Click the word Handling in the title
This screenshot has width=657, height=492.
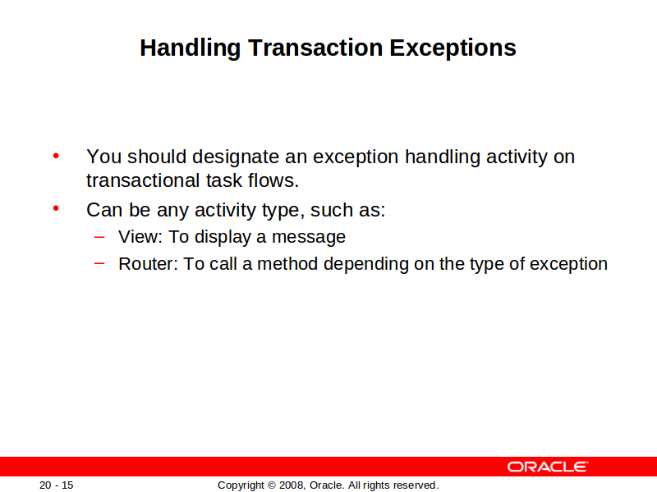[x=191, y=48]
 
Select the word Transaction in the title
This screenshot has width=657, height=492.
[x=315, y=48]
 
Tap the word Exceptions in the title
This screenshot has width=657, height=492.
[x=453, y=48]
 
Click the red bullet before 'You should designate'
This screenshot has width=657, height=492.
[x=56, y=157]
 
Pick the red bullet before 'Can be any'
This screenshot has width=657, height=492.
[x=56, y=208]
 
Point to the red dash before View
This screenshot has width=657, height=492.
[x=99, y=237]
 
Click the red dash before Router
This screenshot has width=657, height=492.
[x=99, y=263]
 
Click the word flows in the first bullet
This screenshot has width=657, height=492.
[x=273, y=180]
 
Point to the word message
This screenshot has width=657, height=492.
[x=309, y=237]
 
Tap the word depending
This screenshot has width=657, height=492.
[x=365, y=265]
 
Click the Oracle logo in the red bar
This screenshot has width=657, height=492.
[x=548, y=467]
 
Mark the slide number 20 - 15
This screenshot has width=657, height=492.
[x=56, y=485]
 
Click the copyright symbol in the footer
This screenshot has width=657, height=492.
[x=272, y=485]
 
